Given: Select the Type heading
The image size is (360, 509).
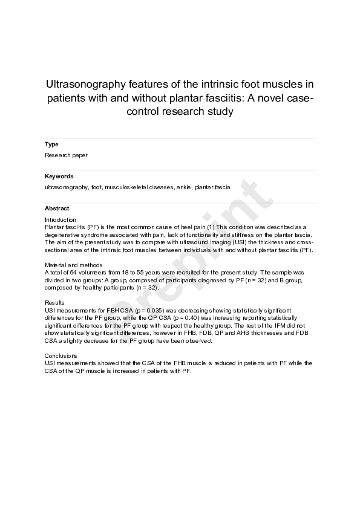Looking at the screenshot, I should click(x=51, y=144).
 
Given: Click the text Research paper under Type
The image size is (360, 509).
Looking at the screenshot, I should click(x=66, y=155).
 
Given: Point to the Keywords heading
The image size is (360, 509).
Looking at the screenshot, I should click(x=59, y=177).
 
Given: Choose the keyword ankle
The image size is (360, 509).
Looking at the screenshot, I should click(x=183, y=187).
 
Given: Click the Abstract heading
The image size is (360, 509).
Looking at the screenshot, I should click(x=57, y=209).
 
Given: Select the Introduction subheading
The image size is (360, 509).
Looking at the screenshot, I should click(x=61, y=220).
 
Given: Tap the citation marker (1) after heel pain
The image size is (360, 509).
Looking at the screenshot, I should click(x=212, y=226).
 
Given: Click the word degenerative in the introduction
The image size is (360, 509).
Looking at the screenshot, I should click(x=64, y=233).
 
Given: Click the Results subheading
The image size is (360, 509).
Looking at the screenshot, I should click(x=54, y=302).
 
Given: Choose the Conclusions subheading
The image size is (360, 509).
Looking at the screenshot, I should click(x=61, y=356).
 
